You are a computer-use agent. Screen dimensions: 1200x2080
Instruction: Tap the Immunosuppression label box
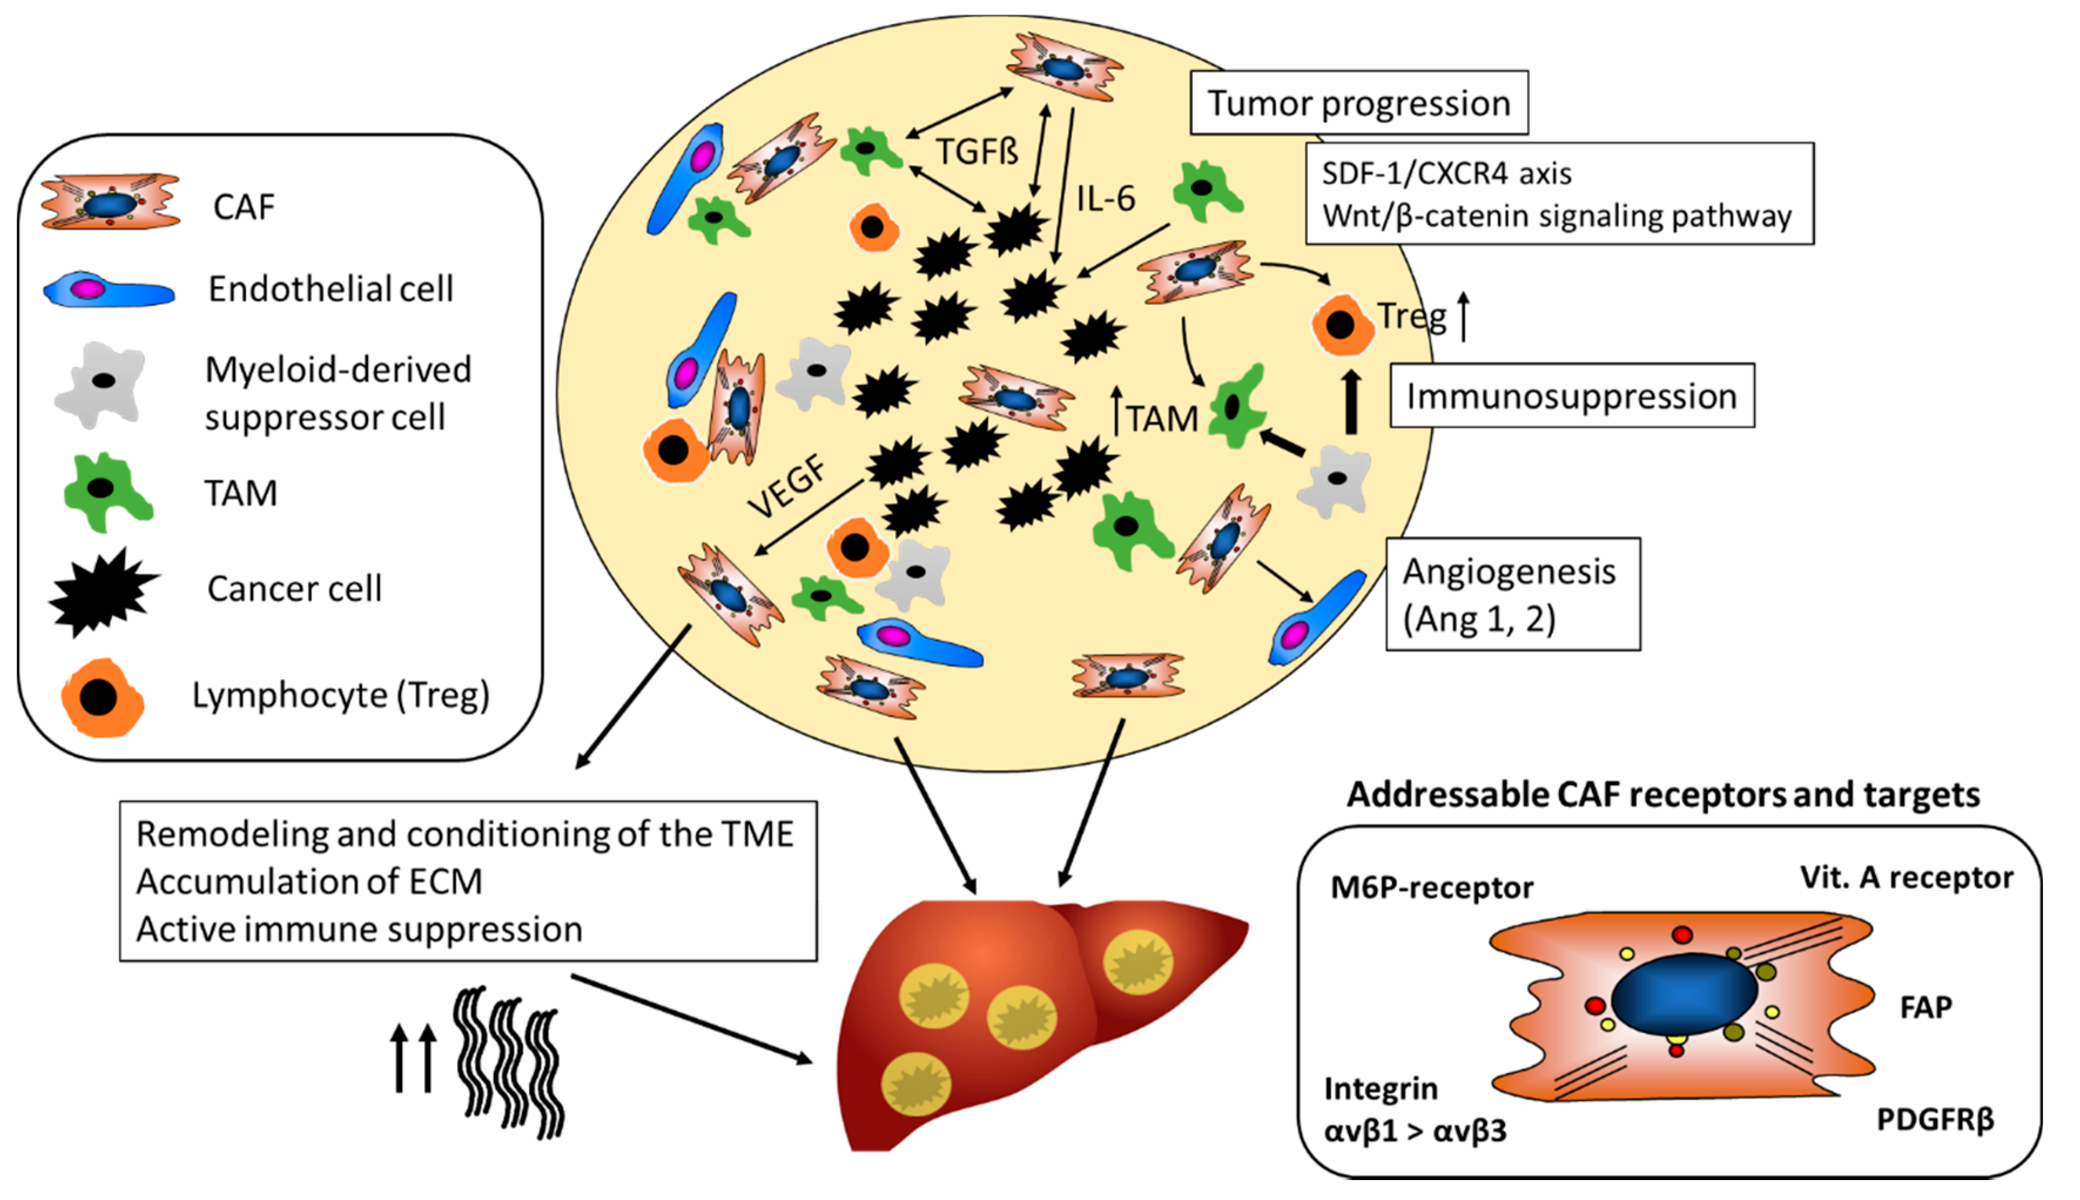tap(1571, 396)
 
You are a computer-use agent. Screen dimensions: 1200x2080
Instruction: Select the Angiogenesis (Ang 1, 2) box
tap(1512, 594)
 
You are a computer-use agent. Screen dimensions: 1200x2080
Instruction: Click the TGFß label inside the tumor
tap(977, 151)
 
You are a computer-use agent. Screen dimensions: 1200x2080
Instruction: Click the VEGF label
tap(788, 488)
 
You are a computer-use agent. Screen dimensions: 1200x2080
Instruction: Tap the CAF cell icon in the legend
tap(110, 202)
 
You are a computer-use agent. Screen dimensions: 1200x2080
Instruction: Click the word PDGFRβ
tap(1935, 1119)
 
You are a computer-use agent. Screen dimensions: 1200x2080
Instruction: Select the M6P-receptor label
tap(1431, 888)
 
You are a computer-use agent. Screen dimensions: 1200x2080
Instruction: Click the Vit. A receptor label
tap(1906, 877)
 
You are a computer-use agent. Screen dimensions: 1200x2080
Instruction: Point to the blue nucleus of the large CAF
tap(1684, 995)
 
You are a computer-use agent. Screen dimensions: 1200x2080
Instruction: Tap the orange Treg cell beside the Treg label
tap(1341, 325)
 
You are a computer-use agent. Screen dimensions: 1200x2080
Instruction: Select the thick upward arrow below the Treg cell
tap(1351, 402)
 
